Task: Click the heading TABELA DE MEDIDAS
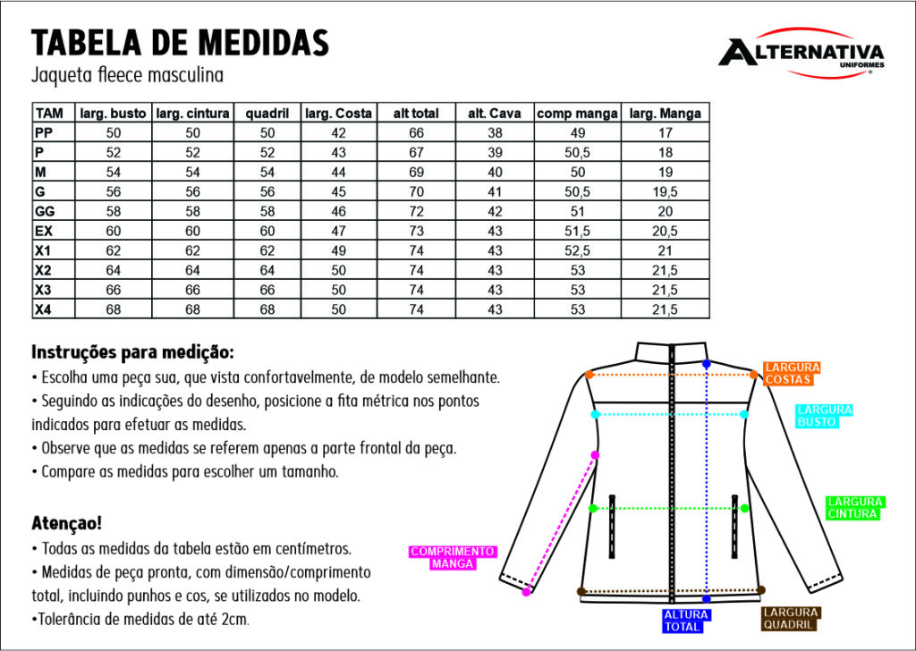[180, 41]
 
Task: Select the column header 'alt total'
[416, 114]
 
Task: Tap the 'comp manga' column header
[577, 114]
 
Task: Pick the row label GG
[45, 212]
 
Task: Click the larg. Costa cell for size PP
[338, 133]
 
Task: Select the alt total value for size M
[416, 173]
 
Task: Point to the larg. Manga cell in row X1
[665, 251]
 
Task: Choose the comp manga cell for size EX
[577, 232]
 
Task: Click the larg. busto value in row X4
[114, 310]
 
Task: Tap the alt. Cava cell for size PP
[495, 133]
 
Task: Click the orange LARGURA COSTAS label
[792, 374]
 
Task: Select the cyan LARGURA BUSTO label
[824, 416]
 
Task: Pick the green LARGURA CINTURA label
[854, 508]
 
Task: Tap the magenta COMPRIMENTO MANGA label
[452, 558]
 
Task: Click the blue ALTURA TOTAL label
[686, 621]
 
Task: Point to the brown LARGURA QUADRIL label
[791, 619]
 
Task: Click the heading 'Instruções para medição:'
[132, 351]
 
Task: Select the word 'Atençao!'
[67, 521]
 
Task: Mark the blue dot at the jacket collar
[707, 365]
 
